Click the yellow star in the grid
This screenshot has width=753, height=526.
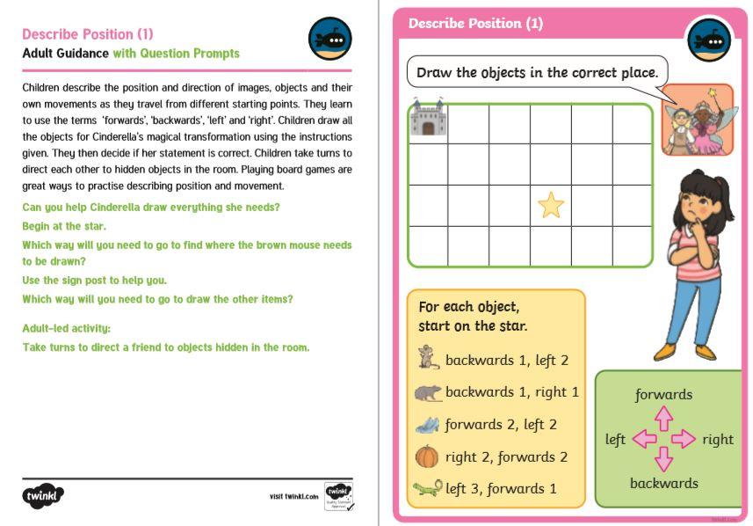pyautogui.click(x=551, y=205)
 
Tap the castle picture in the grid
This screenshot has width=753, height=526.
pyautogui.click(x=428, y=120)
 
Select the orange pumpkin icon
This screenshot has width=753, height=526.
pyautogui.click(x=427, y=457)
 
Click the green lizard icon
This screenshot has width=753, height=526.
pyautogui.click(x=428, y=488)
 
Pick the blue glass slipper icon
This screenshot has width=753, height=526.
pyautogui.click(x=427, y=425)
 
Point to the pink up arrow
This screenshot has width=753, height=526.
pyautogui.click(x=663, y=417)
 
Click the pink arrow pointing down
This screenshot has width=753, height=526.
pyautogui.click(x=663, y=459)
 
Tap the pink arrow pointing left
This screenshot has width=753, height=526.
pyautogui.click(x=643, y=439)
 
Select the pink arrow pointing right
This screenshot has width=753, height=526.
pyautogui.click(x=684, y=439)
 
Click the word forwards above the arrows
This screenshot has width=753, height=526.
pyautogui.click(x=663, y=395)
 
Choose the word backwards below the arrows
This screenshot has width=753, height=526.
pyautogui.click(x=663, y=483)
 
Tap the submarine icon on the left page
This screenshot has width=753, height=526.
pyautogui.click(x=330, y=40)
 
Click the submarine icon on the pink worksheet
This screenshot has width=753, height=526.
pyautogui.click(x=709, y=39)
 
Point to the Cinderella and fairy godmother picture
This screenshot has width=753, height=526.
pyautogui.click(x=697, y=121)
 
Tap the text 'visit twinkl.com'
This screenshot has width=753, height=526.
pyautogui.click(x=293, y=497)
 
